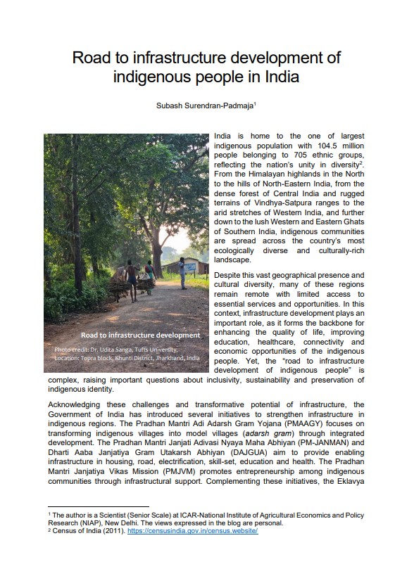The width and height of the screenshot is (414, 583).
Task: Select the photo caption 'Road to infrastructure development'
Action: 140,335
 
